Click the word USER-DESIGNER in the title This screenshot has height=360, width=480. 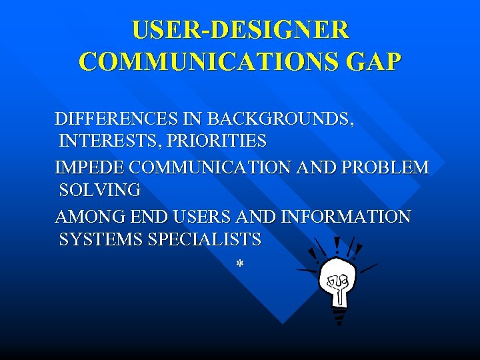pyautogui.click(x=240, y=30)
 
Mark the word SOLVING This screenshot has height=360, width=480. pyautogui.click(x=100, y=190)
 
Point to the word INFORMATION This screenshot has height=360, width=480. pyautogui.click(x=347, y=217)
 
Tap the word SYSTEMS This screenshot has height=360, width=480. pyautogui.click(x=101, y=239)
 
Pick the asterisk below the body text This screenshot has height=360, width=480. pyautogui.click(x=239, y=265)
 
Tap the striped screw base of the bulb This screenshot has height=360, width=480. pyautogui.click(x=339, y=314)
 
